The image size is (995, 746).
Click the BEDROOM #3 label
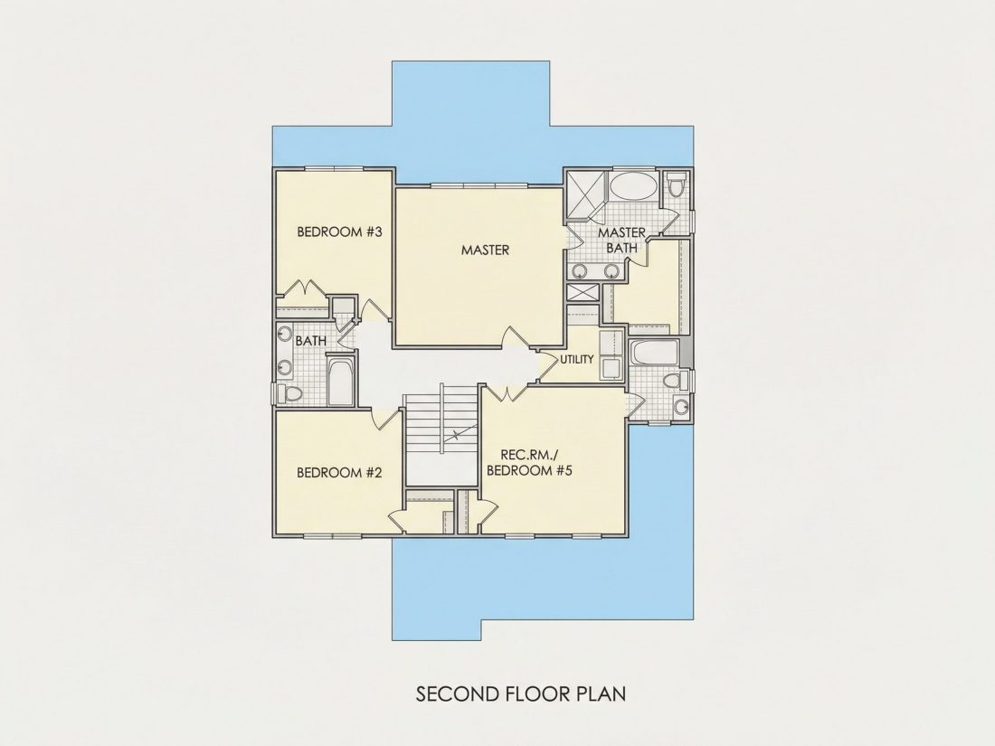pos(339,231)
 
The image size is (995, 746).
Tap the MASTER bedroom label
pos(485,250)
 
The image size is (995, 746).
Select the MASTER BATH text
pos(622,241)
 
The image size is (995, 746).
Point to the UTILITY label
pos(577,359)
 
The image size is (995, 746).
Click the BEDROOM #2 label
pos(339,473)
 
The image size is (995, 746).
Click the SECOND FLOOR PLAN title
pos(521,694)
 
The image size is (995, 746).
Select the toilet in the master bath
pos(676,184)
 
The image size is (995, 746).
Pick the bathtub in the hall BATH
pos(341,382)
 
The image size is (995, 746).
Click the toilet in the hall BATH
pos(290,393)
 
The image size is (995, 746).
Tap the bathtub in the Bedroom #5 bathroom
pos(654,354)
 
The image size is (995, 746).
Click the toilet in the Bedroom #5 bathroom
pos(675,382)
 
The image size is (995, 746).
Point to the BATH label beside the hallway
pos(311,341)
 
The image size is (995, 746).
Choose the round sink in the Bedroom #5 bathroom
pos(681,407)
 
